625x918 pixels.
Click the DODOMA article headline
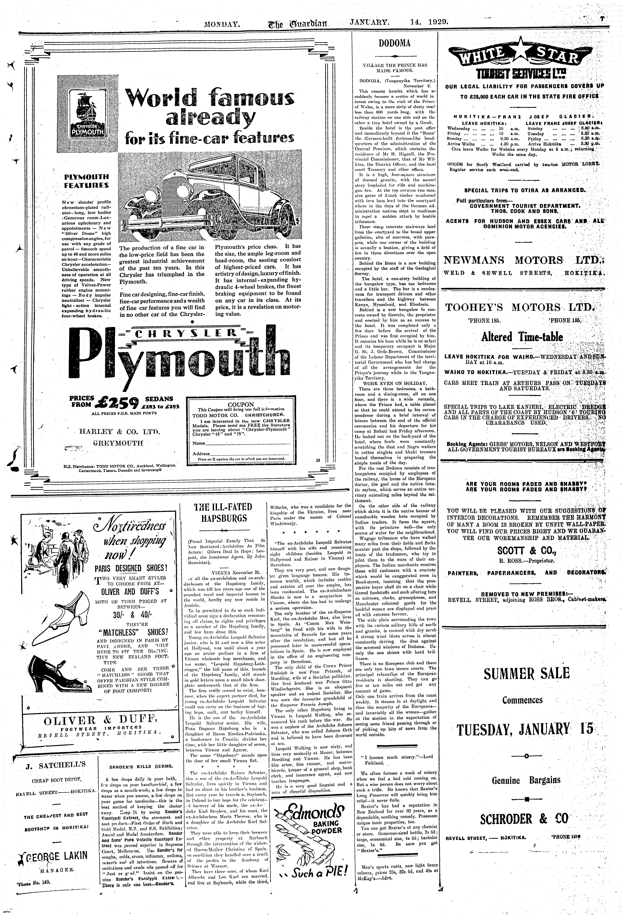pos(395,43)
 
